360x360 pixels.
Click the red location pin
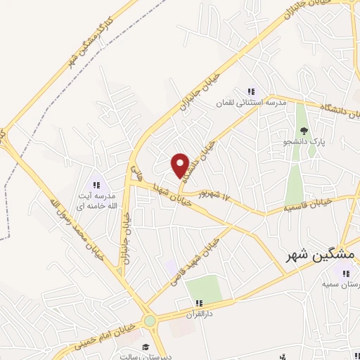(x=181, y=165)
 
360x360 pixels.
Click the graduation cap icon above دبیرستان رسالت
(x=146, y=347)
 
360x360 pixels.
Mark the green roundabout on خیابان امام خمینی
(x=150, y=321)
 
